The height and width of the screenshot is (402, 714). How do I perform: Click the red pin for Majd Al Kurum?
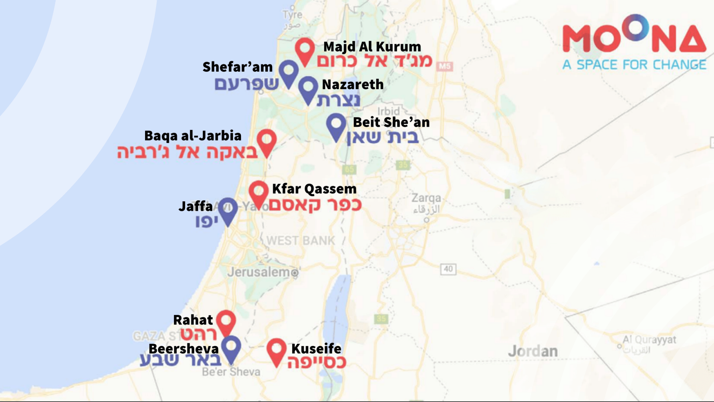point(305,50)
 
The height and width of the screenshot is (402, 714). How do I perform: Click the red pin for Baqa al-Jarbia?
point(267,141)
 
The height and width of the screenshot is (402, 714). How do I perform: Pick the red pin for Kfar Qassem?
point(259,192)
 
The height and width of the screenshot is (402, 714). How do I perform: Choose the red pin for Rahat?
point(226,321)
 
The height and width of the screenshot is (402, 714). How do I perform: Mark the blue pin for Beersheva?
point(231,347)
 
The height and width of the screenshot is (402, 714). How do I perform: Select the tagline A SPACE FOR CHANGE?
point(634,65)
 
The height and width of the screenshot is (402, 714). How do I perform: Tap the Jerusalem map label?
point(259,272)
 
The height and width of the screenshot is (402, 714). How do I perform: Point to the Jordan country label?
point(533,351)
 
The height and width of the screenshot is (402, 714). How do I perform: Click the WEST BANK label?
point(301,241)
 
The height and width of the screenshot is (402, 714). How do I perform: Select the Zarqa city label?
point(426,198)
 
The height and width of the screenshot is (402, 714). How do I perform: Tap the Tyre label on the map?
point(292,15)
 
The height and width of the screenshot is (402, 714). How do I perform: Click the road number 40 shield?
point(448,269)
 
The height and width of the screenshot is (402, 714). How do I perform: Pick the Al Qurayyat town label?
point(649,340)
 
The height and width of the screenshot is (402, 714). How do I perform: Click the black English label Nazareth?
point(353,85)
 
